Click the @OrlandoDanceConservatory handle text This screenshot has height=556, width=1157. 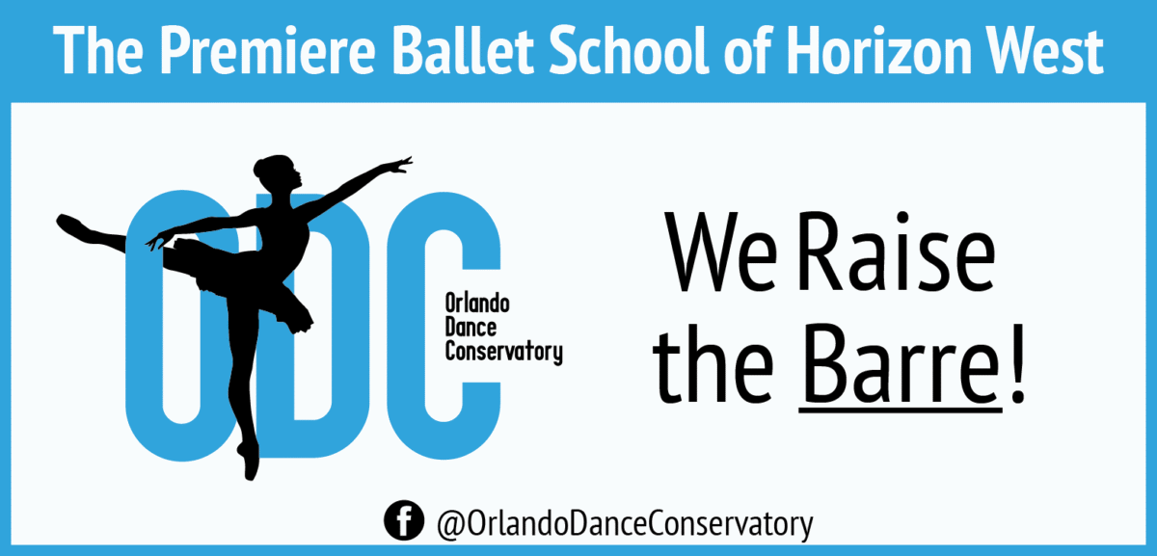[624, 524]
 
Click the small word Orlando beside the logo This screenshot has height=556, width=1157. [476, 304]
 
